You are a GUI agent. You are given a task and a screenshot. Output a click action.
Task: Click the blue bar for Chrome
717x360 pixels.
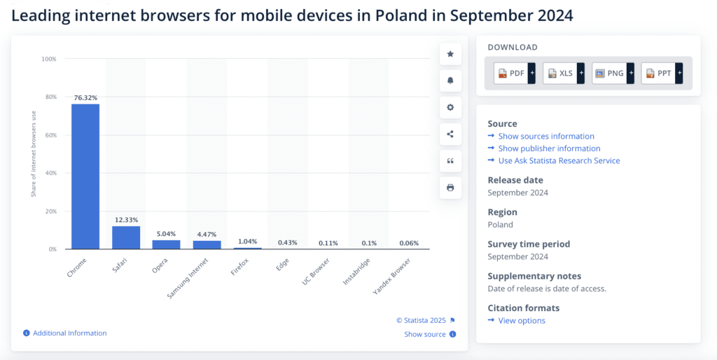pos(85,176)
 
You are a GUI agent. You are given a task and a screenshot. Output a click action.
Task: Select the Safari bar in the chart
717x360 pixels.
pos(126,237)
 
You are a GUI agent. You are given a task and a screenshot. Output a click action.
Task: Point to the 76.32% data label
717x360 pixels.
pos(85,98)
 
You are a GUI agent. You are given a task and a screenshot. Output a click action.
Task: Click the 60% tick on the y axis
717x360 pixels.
pos(49,135)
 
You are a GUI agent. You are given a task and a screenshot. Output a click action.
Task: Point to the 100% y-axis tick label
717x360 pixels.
pos(48,59)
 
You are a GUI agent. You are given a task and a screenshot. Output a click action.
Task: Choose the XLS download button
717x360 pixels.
pos(561,73)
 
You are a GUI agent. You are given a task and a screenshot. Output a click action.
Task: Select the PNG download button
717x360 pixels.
pos(610,73)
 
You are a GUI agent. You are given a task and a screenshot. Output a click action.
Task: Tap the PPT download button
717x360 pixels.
pos(658,73)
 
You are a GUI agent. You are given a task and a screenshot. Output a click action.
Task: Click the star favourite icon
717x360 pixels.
pos(450,54)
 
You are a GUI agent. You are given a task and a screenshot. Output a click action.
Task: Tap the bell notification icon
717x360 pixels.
pos(450,81)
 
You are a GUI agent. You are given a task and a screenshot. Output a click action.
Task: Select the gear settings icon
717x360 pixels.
pos(450,107)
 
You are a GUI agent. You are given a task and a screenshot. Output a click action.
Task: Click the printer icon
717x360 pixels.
pos(450,188)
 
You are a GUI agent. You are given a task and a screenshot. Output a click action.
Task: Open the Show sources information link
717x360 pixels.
pos(545,137)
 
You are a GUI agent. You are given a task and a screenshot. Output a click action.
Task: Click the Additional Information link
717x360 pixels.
pos(69,333)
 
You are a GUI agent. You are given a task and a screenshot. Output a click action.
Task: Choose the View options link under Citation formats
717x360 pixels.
pos(521,321)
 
